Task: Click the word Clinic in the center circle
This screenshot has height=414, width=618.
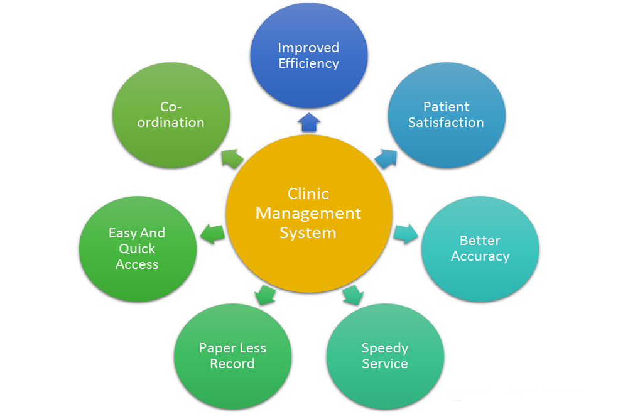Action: click(308, 193)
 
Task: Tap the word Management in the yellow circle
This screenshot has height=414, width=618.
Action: click(308, 213)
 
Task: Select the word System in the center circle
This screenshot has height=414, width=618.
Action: click(308, 233)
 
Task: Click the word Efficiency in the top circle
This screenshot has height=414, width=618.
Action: click(308, 63)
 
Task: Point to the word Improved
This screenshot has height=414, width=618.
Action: click(308, 48)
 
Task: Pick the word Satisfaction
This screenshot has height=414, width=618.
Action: click(446, 123)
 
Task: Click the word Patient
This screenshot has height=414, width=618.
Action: click(446, 107)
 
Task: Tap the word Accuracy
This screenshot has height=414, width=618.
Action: click(480, 256)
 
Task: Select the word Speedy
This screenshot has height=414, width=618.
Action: click(385, 348)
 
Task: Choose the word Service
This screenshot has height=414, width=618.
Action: click(385, 364)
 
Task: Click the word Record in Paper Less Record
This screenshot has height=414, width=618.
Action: click(232, 364)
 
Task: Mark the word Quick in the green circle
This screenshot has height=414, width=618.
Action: click(137, 249)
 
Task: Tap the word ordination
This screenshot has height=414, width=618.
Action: click(171, 123)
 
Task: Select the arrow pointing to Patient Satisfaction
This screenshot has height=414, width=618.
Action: click(386, 157)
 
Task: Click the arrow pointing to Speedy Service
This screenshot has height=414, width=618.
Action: click(353, 294)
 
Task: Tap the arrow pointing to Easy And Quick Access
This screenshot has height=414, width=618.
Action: click(212, 234)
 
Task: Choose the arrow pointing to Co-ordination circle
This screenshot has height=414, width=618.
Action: click(232, 158)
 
